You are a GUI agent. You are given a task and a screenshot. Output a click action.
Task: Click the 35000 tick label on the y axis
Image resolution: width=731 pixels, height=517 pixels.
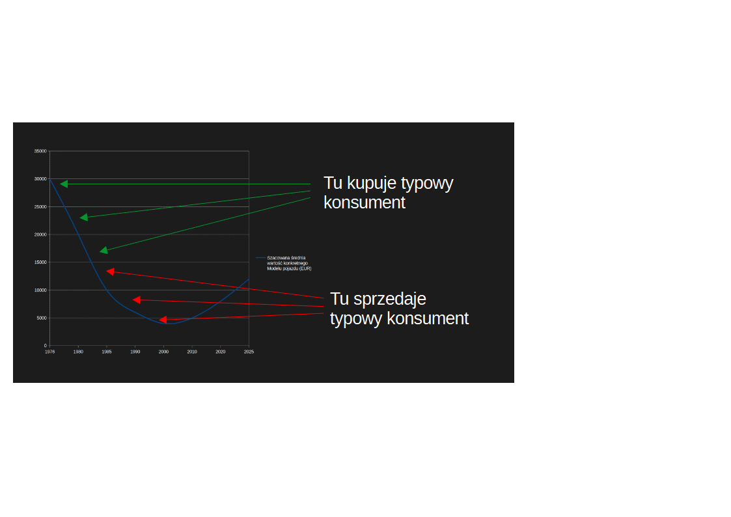pos(40,151)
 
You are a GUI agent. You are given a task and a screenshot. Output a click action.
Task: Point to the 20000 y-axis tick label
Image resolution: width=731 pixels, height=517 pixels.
pos(40,234)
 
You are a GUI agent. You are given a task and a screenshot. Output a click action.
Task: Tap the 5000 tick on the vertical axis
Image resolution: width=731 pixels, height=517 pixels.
pos(42,318)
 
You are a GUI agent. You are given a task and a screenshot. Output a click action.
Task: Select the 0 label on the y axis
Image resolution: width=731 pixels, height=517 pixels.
pos(45,346)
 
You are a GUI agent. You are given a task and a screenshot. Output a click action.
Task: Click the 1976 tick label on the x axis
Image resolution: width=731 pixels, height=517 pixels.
pos(50,352)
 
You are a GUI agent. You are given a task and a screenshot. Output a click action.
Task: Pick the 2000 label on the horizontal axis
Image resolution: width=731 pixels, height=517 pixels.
pos(163,352)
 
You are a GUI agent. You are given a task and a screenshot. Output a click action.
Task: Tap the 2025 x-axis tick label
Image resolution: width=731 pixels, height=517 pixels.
pos(249,352)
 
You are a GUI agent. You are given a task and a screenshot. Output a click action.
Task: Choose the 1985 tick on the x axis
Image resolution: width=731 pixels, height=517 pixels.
pos(107,352)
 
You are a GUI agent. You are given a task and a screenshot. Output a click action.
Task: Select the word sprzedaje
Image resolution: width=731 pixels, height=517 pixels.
pos(390,299)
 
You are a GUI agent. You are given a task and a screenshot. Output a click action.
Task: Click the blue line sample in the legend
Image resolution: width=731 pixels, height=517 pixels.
pos(260,258)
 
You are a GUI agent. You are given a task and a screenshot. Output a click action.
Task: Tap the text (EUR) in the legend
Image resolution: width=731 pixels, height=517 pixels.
pos(305,268)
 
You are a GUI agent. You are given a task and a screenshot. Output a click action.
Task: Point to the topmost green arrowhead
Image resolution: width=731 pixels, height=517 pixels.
pos(64,184)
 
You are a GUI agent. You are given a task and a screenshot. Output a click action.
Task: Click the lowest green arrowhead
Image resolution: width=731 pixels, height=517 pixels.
pos(104,250)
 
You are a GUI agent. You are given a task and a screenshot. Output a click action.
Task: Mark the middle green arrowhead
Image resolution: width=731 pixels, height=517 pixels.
pos(84,217)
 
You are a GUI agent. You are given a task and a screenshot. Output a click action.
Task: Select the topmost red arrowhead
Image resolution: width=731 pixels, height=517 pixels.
pos(111,272)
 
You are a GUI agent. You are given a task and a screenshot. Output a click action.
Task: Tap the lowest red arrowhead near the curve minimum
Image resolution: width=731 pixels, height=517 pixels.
pos(163,319)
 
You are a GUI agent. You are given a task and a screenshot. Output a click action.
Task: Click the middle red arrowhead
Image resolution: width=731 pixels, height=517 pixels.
pos(137,300)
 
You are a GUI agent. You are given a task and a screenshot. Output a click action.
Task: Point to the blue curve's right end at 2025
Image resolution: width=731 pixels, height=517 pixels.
pos(249,279)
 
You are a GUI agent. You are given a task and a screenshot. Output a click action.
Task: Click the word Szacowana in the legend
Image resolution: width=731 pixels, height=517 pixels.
pos(276,258)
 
